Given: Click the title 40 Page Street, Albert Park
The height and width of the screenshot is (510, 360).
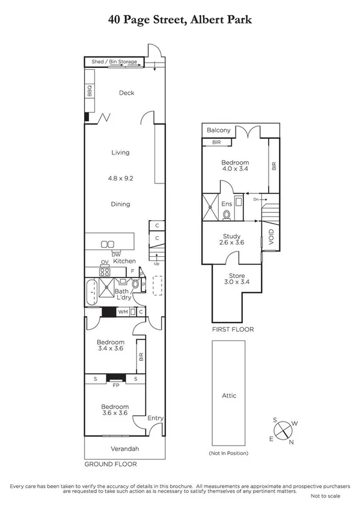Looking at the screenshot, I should pyautogui.click(x=180, y=19).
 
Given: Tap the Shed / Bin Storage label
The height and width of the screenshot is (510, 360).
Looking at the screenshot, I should pyautogui.click(x=114, y=62).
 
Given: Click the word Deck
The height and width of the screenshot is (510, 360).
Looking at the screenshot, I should pyautogui.click(x=126, y=93).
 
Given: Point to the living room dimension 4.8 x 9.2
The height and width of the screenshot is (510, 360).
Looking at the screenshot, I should pyautogui.click(x=120, y=178).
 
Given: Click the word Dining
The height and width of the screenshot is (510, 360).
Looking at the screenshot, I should pyautogui.click(x=120, y=204).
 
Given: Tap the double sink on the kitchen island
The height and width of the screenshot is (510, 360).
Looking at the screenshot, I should pyautogui.click(x=108, y=244).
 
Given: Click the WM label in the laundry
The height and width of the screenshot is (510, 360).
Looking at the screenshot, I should pyautogui.click(x=123, y=312).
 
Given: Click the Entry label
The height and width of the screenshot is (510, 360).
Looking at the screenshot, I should pyautogui.click(x=155, y=419).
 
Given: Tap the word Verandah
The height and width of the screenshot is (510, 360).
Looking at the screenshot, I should pyautogui.click(x=124, y=449).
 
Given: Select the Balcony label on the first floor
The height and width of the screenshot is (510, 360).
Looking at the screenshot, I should pyautogui.click(x=219, y=130).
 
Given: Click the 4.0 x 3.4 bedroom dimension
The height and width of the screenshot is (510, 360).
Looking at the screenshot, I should pyautogui.click(x=236, y=170).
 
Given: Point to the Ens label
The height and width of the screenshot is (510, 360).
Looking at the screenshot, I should pyautogui.click(x=227, y=204).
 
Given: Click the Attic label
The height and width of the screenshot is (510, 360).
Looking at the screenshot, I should pyautogui.click(x=228, y=395).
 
